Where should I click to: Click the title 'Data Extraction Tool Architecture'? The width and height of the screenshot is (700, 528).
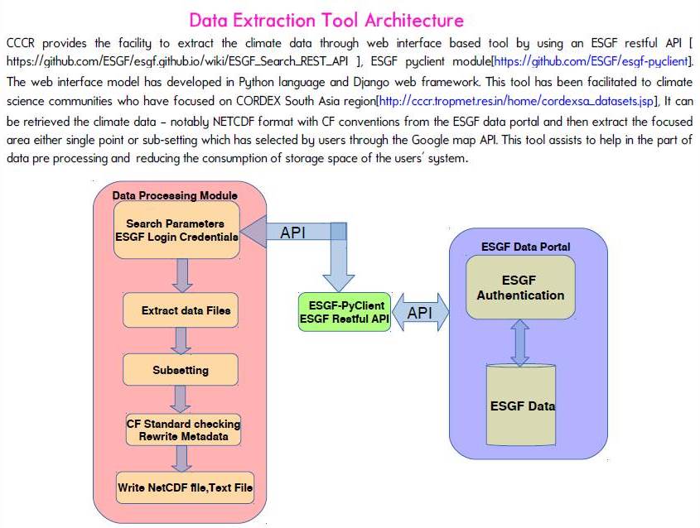(326, 19)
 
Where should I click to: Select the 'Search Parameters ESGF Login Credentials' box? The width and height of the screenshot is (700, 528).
(176, 229)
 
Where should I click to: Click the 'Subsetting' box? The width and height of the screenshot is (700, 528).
(180, 370)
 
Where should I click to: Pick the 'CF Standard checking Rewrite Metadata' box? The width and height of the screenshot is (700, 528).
(183, 430)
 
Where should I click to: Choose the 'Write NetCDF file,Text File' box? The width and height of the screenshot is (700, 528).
(185, 487)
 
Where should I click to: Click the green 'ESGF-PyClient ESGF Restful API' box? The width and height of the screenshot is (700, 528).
(344, 312)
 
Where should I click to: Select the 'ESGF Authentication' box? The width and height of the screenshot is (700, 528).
(520, 287)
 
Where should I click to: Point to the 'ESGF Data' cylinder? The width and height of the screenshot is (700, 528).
(522, 406)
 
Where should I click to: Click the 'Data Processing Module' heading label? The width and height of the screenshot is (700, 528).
(175, 195)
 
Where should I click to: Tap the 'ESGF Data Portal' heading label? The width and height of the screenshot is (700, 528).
(525, 246)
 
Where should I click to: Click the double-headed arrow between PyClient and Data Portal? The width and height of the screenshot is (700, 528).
(420, 313)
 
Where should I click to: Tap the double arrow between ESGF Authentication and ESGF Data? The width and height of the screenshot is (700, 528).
(520, 343)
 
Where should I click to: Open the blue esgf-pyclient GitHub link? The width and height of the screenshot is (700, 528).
(593, 61)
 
